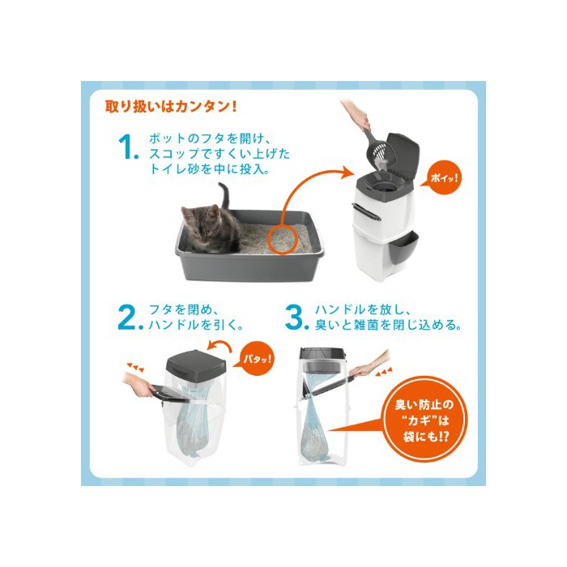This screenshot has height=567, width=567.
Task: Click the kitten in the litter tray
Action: pos(211,228)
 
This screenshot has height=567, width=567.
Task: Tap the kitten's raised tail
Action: pos(225,195)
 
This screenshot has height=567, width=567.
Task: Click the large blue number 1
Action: pos(128,147)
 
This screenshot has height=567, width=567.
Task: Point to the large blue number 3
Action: pos(296,318)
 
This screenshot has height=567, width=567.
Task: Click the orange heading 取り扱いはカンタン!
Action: pos(171,107)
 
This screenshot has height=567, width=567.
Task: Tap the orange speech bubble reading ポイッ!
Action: pos(443,177)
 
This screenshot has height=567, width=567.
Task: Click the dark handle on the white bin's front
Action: pos(366,212)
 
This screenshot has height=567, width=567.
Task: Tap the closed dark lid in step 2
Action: pos(196,363)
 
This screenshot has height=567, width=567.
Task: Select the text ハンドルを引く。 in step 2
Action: pos(196,325)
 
